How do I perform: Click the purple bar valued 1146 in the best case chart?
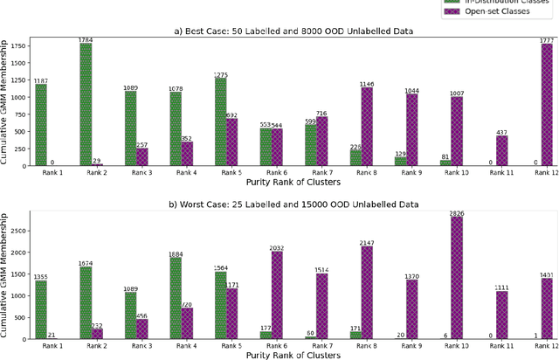(366, 126)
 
